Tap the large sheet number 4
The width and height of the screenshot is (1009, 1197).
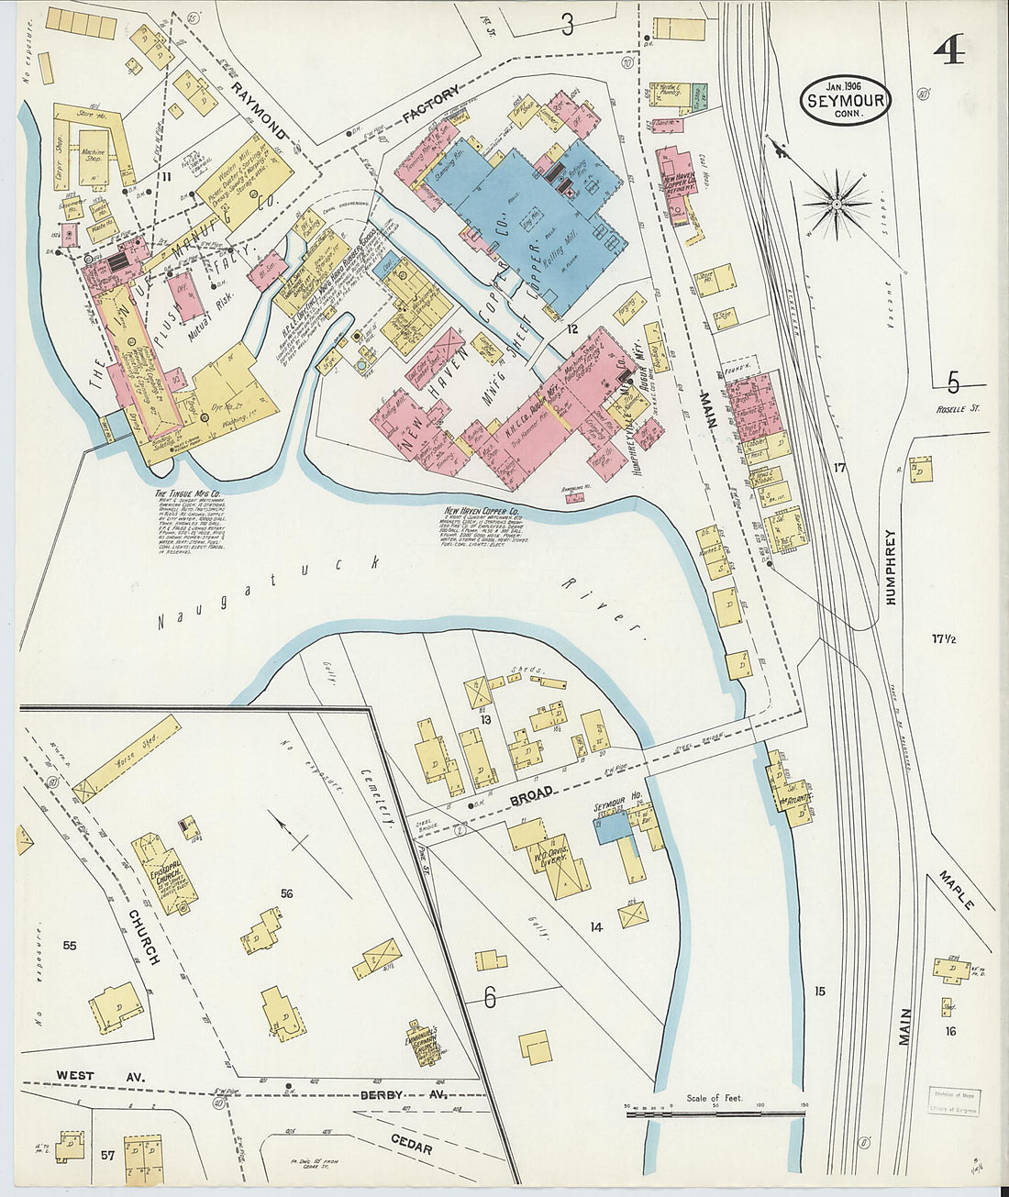[x=948, y=51]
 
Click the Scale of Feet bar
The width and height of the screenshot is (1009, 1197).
[x=715, y=1113]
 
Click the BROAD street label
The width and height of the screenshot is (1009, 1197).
[x=531, y=792]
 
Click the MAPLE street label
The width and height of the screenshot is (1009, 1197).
[x=956, y=890]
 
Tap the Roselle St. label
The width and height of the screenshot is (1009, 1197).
[x=958, y=408]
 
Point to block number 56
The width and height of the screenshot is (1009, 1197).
[x=286, y=893]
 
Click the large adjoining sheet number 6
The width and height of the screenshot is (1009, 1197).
[x=489, y=997]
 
